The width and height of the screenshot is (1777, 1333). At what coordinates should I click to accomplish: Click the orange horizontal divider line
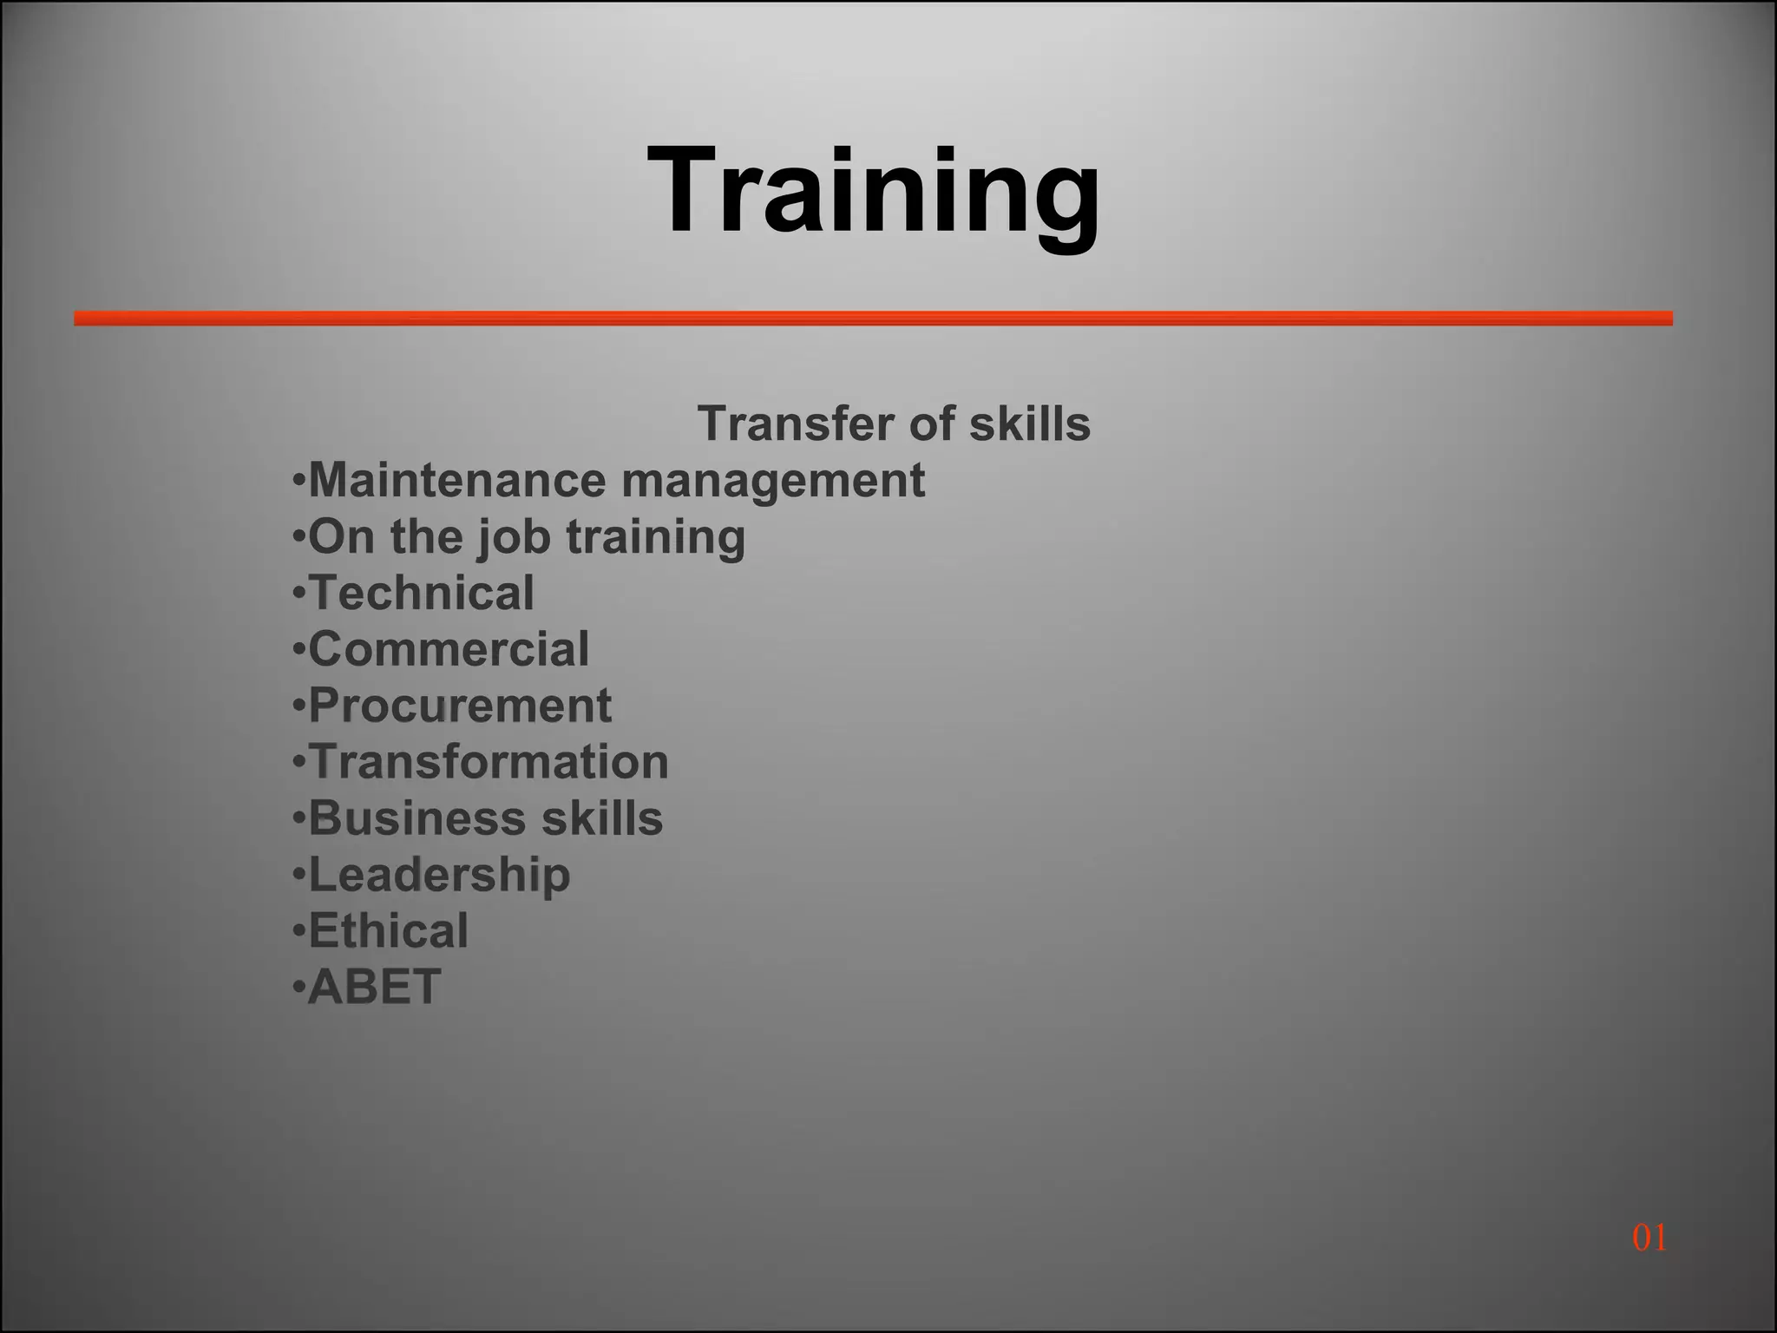tap(873, 318)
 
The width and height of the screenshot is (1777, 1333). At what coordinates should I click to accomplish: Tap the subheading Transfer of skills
tap(894, 424)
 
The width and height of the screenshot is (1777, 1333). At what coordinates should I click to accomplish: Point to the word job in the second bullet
tap(515, 538)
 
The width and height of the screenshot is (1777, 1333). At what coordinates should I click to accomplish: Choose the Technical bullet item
tap(421, 594)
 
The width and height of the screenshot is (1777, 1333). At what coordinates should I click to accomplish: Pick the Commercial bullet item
tap(449, 650)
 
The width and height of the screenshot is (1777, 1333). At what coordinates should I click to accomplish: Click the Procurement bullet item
tap(460, 706)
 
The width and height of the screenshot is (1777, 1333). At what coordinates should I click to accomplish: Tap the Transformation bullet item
tap(489, 762)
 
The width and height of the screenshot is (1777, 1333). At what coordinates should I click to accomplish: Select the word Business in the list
tap(417, 818)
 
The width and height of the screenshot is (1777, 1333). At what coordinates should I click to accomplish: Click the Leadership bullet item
tap(439, 875)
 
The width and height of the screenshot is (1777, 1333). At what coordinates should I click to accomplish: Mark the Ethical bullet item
tap(388, 931)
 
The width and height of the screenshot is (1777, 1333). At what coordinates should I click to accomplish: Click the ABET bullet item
tap(374, 988)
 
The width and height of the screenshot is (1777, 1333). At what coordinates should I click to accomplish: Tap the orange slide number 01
tap(1649, 1238)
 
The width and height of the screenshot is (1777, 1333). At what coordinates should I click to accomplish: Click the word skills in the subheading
tap(1029, 424)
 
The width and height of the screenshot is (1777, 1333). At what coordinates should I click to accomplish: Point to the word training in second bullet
tap(656, 538)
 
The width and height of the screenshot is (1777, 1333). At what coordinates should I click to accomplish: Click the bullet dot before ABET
tap(299, 988)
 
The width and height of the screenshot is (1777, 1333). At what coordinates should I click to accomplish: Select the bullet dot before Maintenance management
tap(299, 481)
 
